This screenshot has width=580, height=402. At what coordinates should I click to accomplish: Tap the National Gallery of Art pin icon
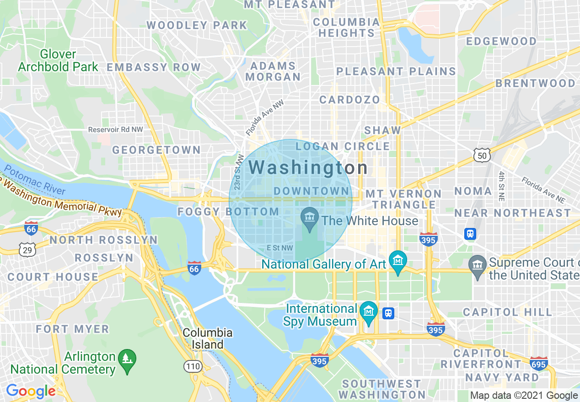coord(397,261)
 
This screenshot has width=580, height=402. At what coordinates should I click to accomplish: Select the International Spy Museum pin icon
coord(368,312)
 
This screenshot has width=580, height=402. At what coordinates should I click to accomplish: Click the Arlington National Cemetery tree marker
coord(127,359)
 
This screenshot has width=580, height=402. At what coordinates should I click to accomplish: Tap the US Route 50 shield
coord(482,156)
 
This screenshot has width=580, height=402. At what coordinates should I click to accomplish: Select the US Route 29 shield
coord(27,249)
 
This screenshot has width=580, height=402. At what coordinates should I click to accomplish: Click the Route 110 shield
coord(193,366)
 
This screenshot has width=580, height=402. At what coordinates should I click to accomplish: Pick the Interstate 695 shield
coord(538,364)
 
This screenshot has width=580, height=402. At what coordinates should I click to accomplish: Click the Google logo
coord(31,391)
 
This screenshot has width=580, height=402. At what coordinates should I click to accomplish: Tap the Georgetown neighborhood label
coord(156,150)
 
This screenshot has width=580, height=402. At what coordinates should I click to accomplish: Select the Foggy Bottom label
coord(228,212)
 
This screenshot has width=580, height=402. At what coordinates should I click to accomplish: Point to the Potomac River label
coord(35,181)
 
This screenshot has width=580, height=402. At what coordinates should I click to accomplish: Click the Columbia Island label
coord(207,339)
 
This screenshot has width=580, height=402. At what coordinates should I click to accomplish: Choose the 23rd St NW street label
coord(238,172)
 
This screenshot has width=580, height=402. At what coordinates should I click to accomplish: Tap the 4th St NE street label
coord(502,186)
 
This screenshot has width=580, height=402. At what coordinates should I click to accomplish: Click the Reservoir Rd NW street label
coord(116,130)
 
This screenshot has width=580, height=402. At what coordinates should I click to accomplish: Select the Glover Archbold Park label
coord(58,60)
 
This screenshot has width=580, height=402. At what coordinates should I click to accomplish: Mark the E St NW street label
coord(279,248)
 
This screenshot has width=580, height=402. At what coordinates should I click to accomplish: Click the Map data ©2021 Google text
coord(524,396)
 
